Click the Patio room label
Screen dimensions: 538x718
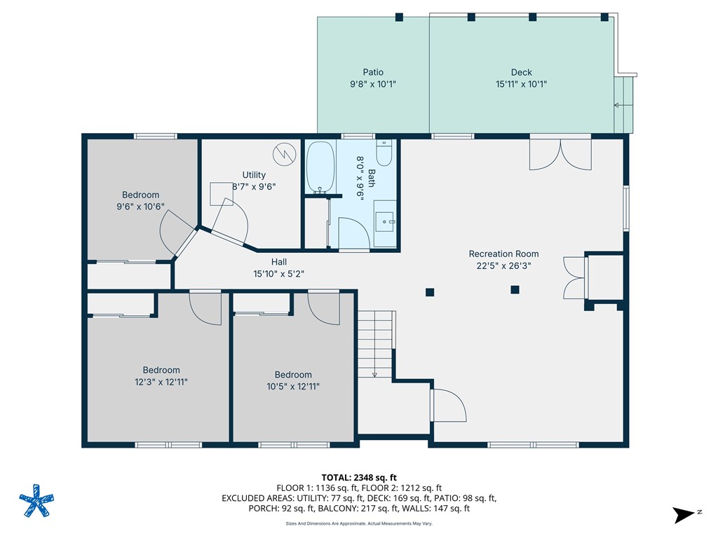point(373,72)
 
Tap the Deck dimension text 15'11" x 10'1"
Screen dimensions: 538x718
point(521,84)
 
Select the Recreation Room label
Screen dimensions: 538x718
point(503,254)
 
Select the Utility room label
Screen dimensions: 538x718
point(254,175)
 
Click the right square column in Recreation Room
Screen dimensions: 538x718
point(515,289)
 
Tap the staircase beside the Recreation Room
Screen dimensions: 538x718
point(374,343)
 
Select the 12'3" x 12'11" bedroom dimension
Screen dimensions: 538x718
point(161,382)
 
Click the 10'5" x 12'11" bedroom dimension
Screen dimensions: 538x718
point(293,386)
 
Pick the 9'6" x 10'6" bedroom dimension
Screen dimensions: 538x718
point(140,207)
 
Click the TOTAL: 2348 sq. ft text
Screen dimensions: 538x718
point(358,478)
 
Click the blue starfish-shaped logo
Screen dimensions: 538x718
point(36,501)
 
